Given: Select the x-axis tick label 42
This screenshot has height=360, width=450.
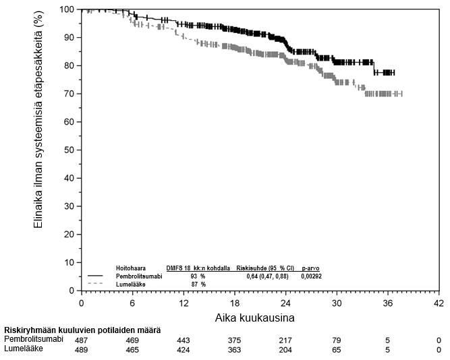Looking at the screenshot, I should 438,303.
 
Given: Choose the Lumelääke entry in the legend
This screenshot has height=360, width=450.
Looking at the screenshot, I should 132,284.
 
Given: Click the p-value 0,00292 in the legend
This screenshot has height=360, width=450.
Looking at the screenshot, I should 312,276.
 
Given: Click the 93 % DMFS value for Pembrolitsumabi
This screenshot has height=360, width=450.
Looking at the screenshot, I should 198,276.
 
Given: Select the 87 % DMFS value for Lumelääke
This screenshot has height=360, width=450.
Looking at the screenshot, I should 198,284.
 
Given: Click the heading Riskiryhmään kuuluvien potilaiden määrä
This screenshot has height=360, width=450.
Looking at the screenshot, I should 82,330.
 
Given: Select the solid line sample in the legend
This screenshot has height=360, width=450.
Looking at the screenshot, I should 96,276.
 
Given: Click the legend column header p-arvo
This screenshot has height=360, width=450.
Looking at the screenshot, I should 311,268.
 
